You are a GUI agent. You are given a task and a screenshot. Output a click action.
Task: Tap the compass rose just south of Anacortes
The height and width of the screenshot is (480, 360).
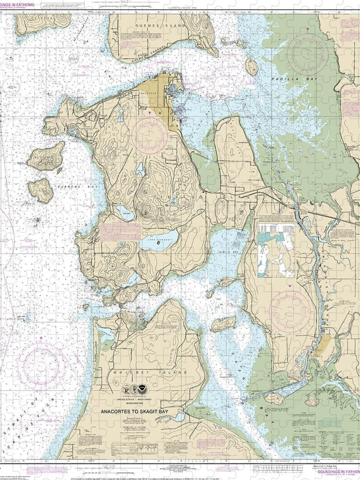point(150,136)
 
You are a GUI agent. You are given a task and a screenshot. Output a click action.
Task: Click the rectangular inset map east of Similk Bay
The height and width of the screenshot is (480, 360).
point(277,249)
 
